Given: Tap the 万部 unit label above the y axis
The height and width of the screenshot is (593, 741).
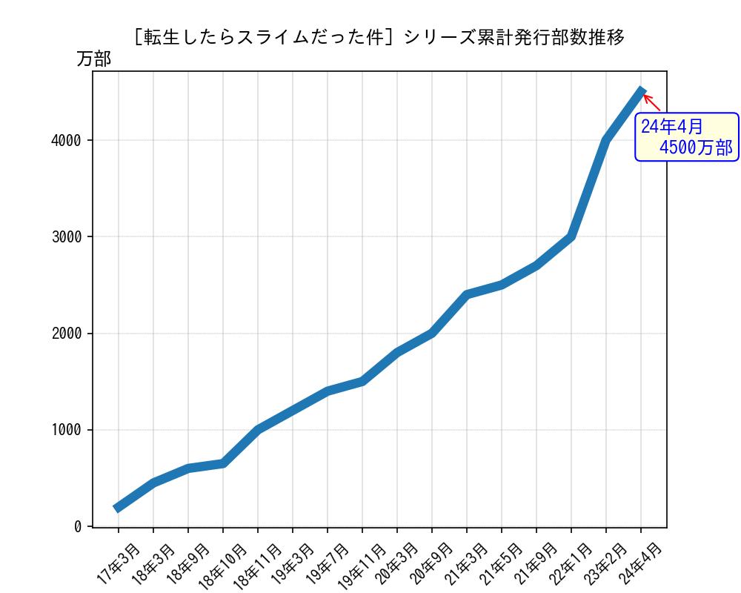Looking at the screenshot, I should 94,59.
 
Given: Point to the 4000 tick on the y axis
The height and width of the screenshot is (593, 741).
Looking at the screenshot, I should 66,140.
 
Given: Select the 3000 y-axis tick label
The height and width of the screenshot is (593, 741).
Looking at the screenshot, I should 66,236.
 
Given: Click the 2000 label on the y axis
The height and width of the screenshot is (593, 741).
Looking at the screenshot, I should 66,334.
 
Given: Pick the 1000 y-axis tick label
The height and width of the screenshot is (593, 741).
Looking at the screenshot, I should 66,430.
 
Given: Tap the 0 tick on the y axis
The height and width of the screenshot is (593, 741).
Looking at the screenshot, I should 78,526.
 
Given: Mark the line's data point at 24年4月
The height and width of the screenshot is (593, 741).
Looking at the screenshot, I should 641,91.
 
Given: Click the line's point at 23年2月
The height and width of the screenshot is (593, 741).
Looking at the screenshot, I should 606,140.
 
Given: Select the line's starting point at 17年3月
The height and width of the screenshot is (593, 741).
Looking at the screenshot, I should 118,508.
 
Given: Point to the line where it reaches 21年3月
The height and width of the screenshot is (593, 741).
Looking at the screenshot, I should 467,294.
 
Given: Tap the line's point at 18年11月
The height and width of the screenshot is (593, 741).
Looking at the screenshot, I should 258,429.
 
